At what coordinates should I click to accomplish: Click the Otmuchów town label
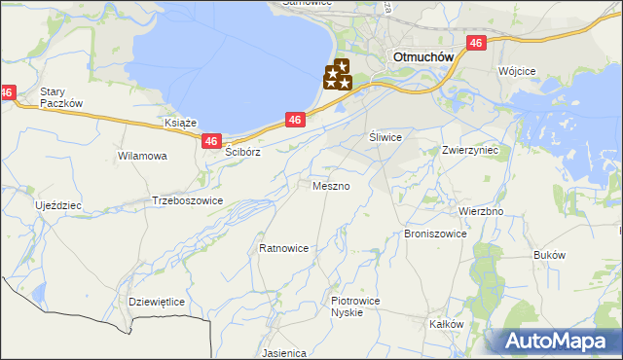423,56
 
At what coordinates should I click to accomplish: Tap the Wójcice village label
517,72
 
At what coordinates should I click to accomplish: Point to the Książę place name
181,124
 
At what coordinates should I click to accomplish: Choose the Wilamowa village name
142,156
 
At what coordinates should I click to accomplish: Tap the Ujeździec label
58,206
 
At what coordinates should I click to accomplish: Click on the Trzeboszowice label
188,200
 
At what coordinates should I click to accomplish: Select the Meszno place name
332,185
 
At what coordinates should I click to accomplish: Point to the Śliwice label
385,137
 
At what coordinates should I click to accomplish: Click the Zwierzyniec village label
469,151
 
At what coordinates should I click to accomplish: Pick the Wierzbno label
480,211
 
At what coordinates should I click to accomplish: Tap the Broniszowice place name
435,234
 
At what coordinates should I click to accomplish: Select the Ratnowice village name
284,248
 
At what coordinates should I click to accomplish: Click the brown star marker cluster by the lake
338,76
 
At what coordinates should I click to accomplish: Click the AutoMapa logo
560,341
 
